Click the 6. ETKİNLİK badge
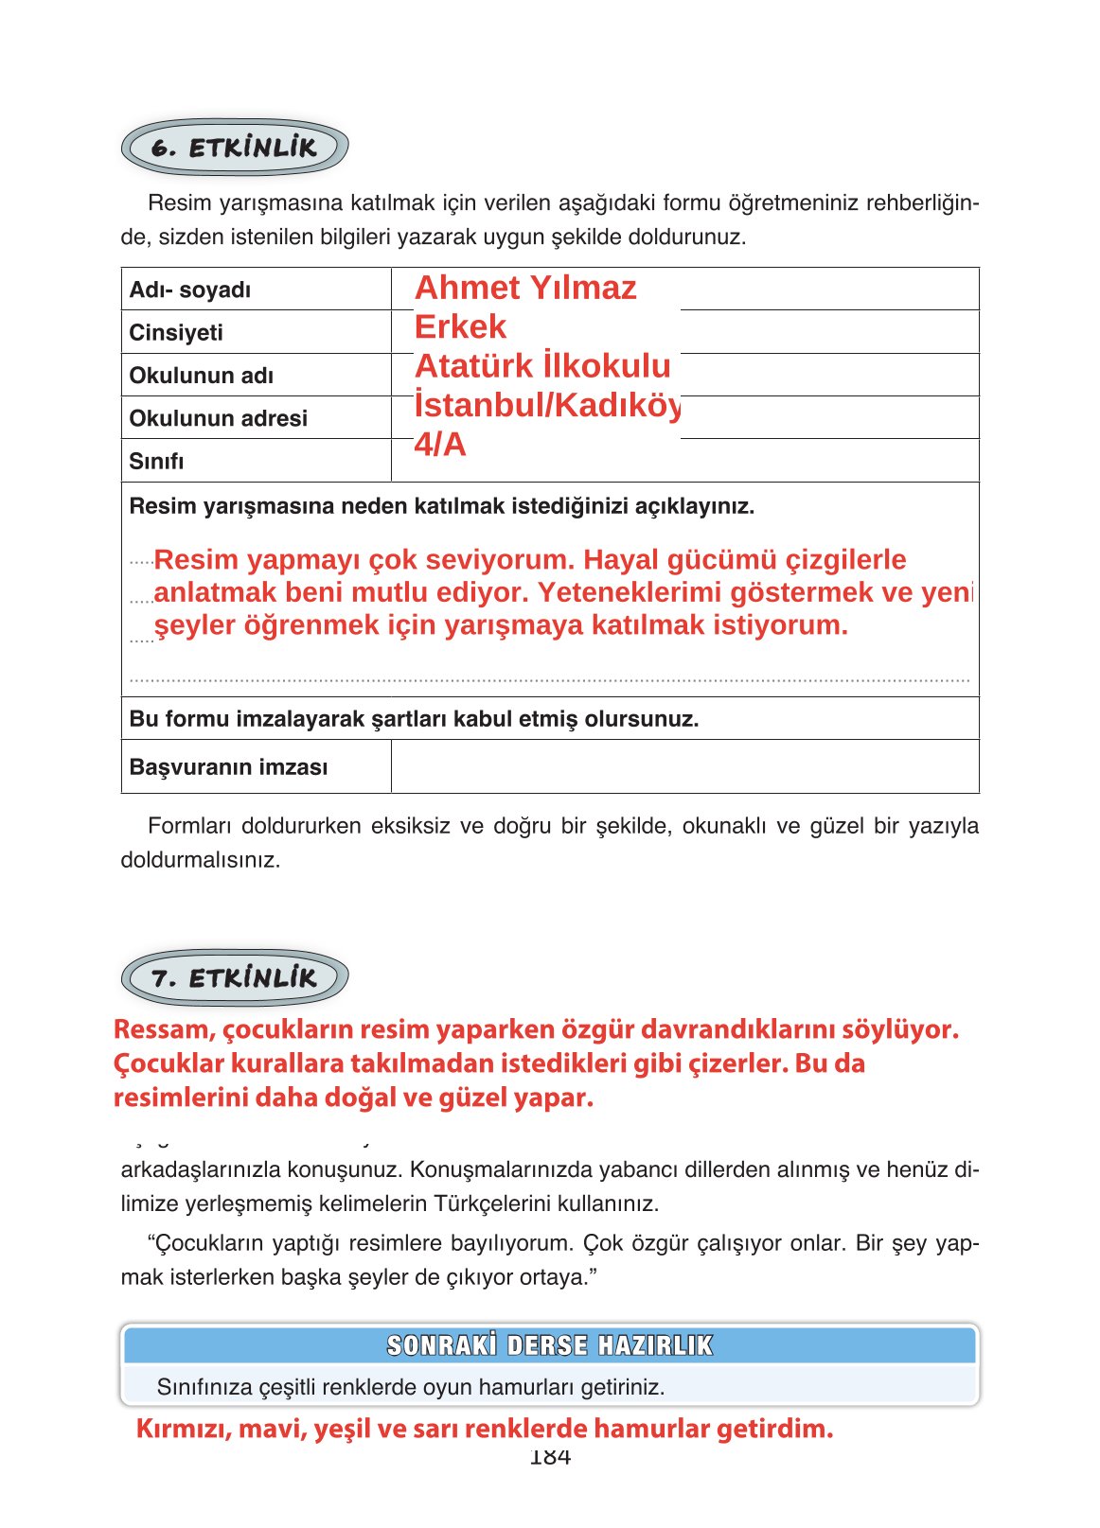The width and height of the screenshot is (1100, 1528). (234, 148)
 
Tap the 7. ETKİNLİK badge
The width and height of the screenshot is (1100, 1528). (234, 977)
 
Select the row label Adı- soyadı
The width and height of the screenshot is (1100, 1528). (190, 290)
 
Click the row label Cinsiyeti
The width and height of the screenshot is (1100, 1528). (176, 333)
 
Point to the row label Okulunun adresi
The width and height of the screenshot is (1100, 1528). (218, 418)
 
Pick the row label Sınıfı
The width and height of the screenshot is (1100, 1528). (156, 462)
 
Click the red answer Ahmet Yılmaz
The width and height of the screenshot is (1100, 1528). (525, 288)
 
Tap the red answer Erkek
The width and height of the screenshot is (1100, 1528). (460, 327)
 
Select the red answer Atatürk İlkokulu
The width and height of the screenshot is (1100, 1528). (542, 366)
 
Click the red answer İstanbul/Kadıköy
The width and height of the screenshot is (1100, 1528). (547, 405)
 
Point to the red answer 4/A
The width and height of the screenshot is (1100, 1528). (440, 444)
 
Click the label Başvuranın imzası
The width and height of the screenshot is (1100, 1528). (228, 767)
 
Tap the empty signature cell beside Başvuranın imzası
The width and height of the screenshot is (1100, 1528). (683, 766)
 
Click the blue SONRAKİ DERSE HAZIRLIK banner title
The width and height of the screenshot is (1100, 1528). (549, 1345)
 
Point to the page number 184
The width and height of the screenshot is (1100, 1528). (550, 1458)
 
